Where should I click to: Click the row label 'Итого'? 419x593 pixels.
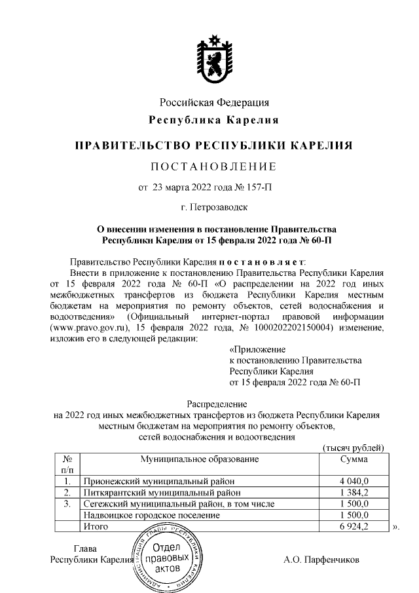[x=95, y=526]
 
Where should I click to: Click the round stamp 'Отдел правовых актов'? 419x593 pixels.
[x=168, y=558]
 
